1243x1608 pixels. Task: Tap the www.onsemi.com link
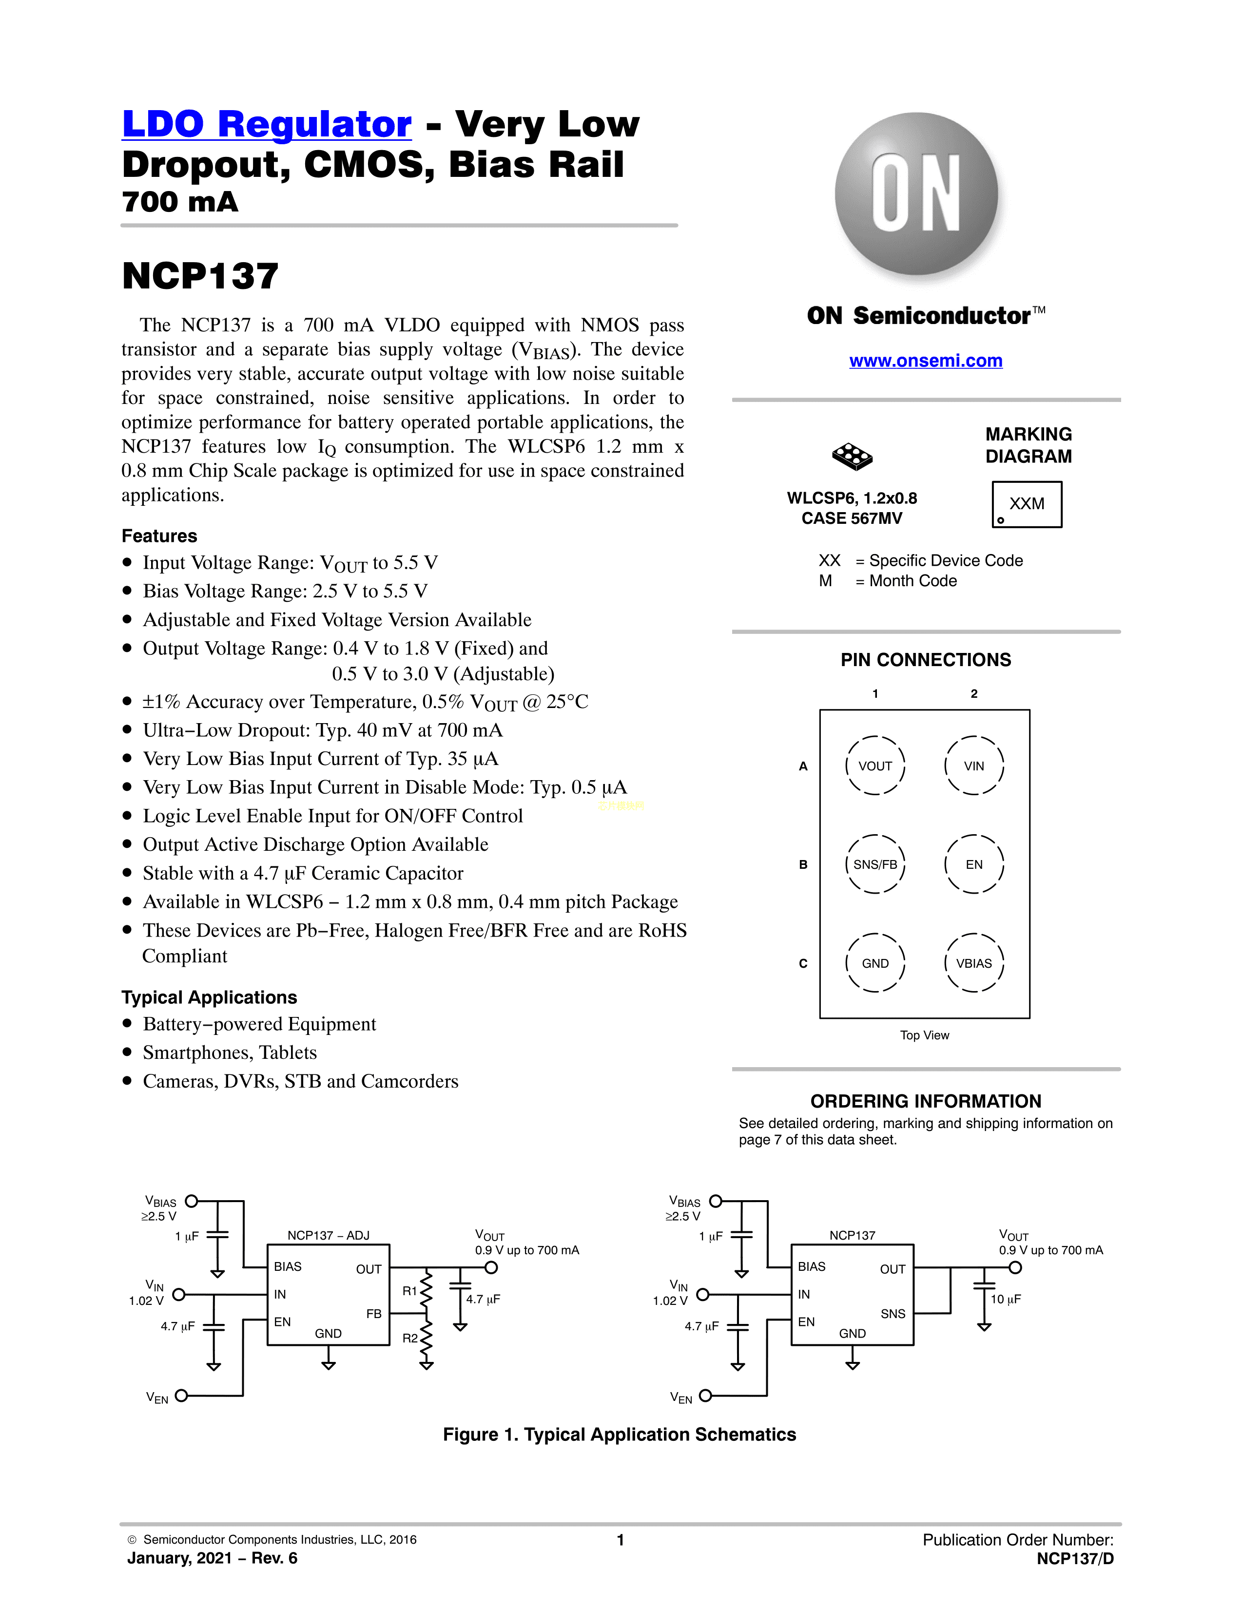click(926, 361)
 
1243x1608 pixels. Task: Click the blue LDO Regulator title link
click(267, 124)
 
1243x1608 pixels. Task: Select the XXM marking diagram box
click(1027, 504)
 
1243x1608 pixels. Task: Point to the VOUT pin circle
click(875, 766)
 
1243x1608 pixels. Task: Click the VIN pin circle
click(973, 766)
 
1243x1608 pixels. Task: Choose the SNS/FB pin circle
click(875, 864)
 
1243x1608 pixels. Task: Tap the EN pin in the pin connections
click(973, 864)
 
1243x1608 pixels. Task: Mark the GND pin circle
click(875, 963)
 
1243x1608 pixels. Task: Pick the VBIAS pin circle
click(973, 963)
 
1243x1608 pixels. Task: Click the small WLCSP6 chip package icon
click(852, 457)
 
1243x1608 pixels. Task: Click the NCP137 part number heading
click(200, 277)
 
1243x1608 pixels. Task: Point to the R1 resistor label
click(409, 1291)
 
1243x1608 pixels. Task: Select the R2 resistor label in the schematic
click(409, 1338)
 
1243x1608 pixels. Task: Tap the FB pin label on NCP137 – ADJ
click(373, 1314)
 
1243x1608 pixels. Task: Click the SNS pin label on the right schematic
click(893, 1314)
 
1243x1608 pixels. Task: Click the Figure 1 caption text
click(619, 1434)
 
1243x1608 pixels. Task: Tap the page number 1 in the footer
click(621, 1539)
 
